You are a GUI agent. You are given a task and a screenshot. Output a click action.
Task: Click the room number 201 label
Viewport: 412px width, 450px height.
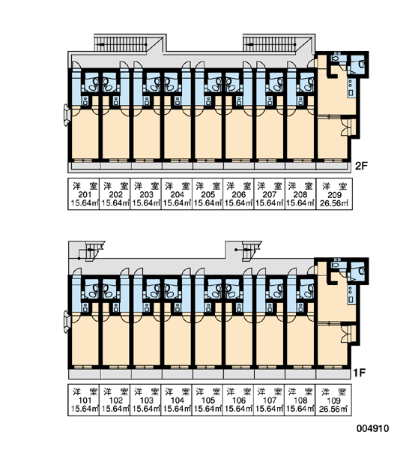tap(85, 195)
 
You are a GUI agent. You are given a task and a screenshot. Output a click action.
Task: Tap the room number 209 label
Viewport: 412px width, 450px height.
tap(334, 196)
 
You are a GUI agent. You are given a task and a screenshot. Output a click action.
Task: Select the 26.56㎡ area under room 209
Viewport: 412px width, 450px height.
tap(334, 203)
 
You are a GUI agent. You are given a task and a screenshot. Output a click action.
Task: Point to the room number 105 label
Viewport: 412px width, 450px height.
tap(208, 400)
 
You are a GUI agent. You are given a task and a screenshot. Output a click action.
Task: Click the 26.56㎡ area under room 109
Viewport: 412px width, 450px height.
tap(333, 409)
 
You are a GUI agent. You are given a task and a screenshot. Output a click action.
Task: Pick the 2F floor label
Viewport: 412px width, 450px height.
tap(361, 166)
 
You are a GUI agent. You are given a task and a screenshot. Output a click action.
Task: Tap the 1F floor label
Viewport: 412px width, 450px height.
tap(359, 373)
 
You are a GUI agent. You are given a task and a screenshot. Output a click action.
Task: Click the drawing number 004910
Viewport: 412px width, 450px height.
tap(373, 428)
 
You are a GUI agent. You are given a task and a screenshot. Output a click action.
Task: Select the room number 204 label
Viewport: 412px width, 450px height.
tap(178, 195)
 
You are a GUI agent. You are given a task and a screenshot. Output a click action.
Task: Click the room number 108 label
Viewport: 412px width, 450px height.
tap(300, 400)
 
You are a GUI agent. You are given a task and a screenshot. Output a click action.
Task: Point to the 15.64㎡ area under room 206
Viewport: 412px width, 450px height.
tap(238, 203)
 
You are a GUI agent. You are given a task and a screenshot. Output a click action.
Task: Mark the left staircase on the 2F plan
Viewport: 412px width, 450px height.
tap(121, 43)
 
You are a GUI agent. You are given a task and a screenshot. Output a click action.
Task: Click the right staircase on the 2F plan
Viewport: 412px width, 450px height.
tap(270, 43)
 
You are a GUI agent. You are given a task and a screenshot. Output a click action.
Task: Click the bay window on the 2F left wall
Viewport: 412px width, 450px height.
tap(67, 115)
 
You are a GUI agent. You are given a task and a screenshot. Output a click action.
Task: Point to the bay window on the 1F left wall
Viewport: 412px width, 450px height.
tap(67, 322)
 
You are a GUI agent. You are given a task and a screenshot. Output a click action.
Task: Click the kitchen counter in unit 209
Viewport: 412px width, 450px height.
tap(351, 88)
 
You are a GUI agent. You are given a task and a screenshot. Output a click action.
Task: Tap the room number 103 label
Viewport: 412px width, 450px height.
tap(147, 400)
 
